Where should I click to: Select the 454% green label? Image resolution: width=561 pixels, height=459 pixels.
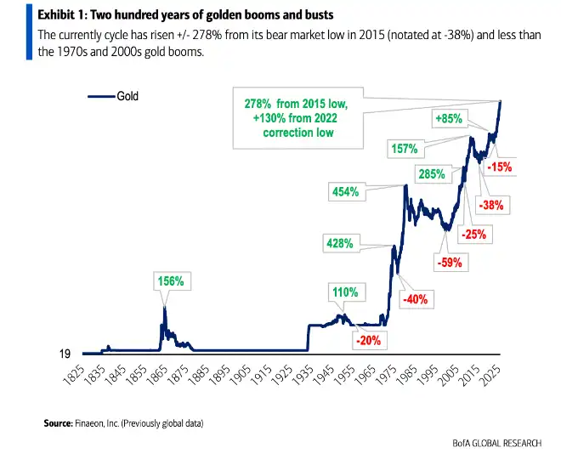tap(345, 192)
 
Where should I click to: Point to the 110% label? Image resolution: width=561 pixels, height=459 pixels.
tap(344, 292)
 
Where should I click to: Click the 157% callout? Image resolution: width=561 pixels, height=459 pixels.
tap(404, 149)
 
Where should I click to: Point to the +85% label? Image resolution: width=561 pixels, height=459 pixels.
tap(448, 119)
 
